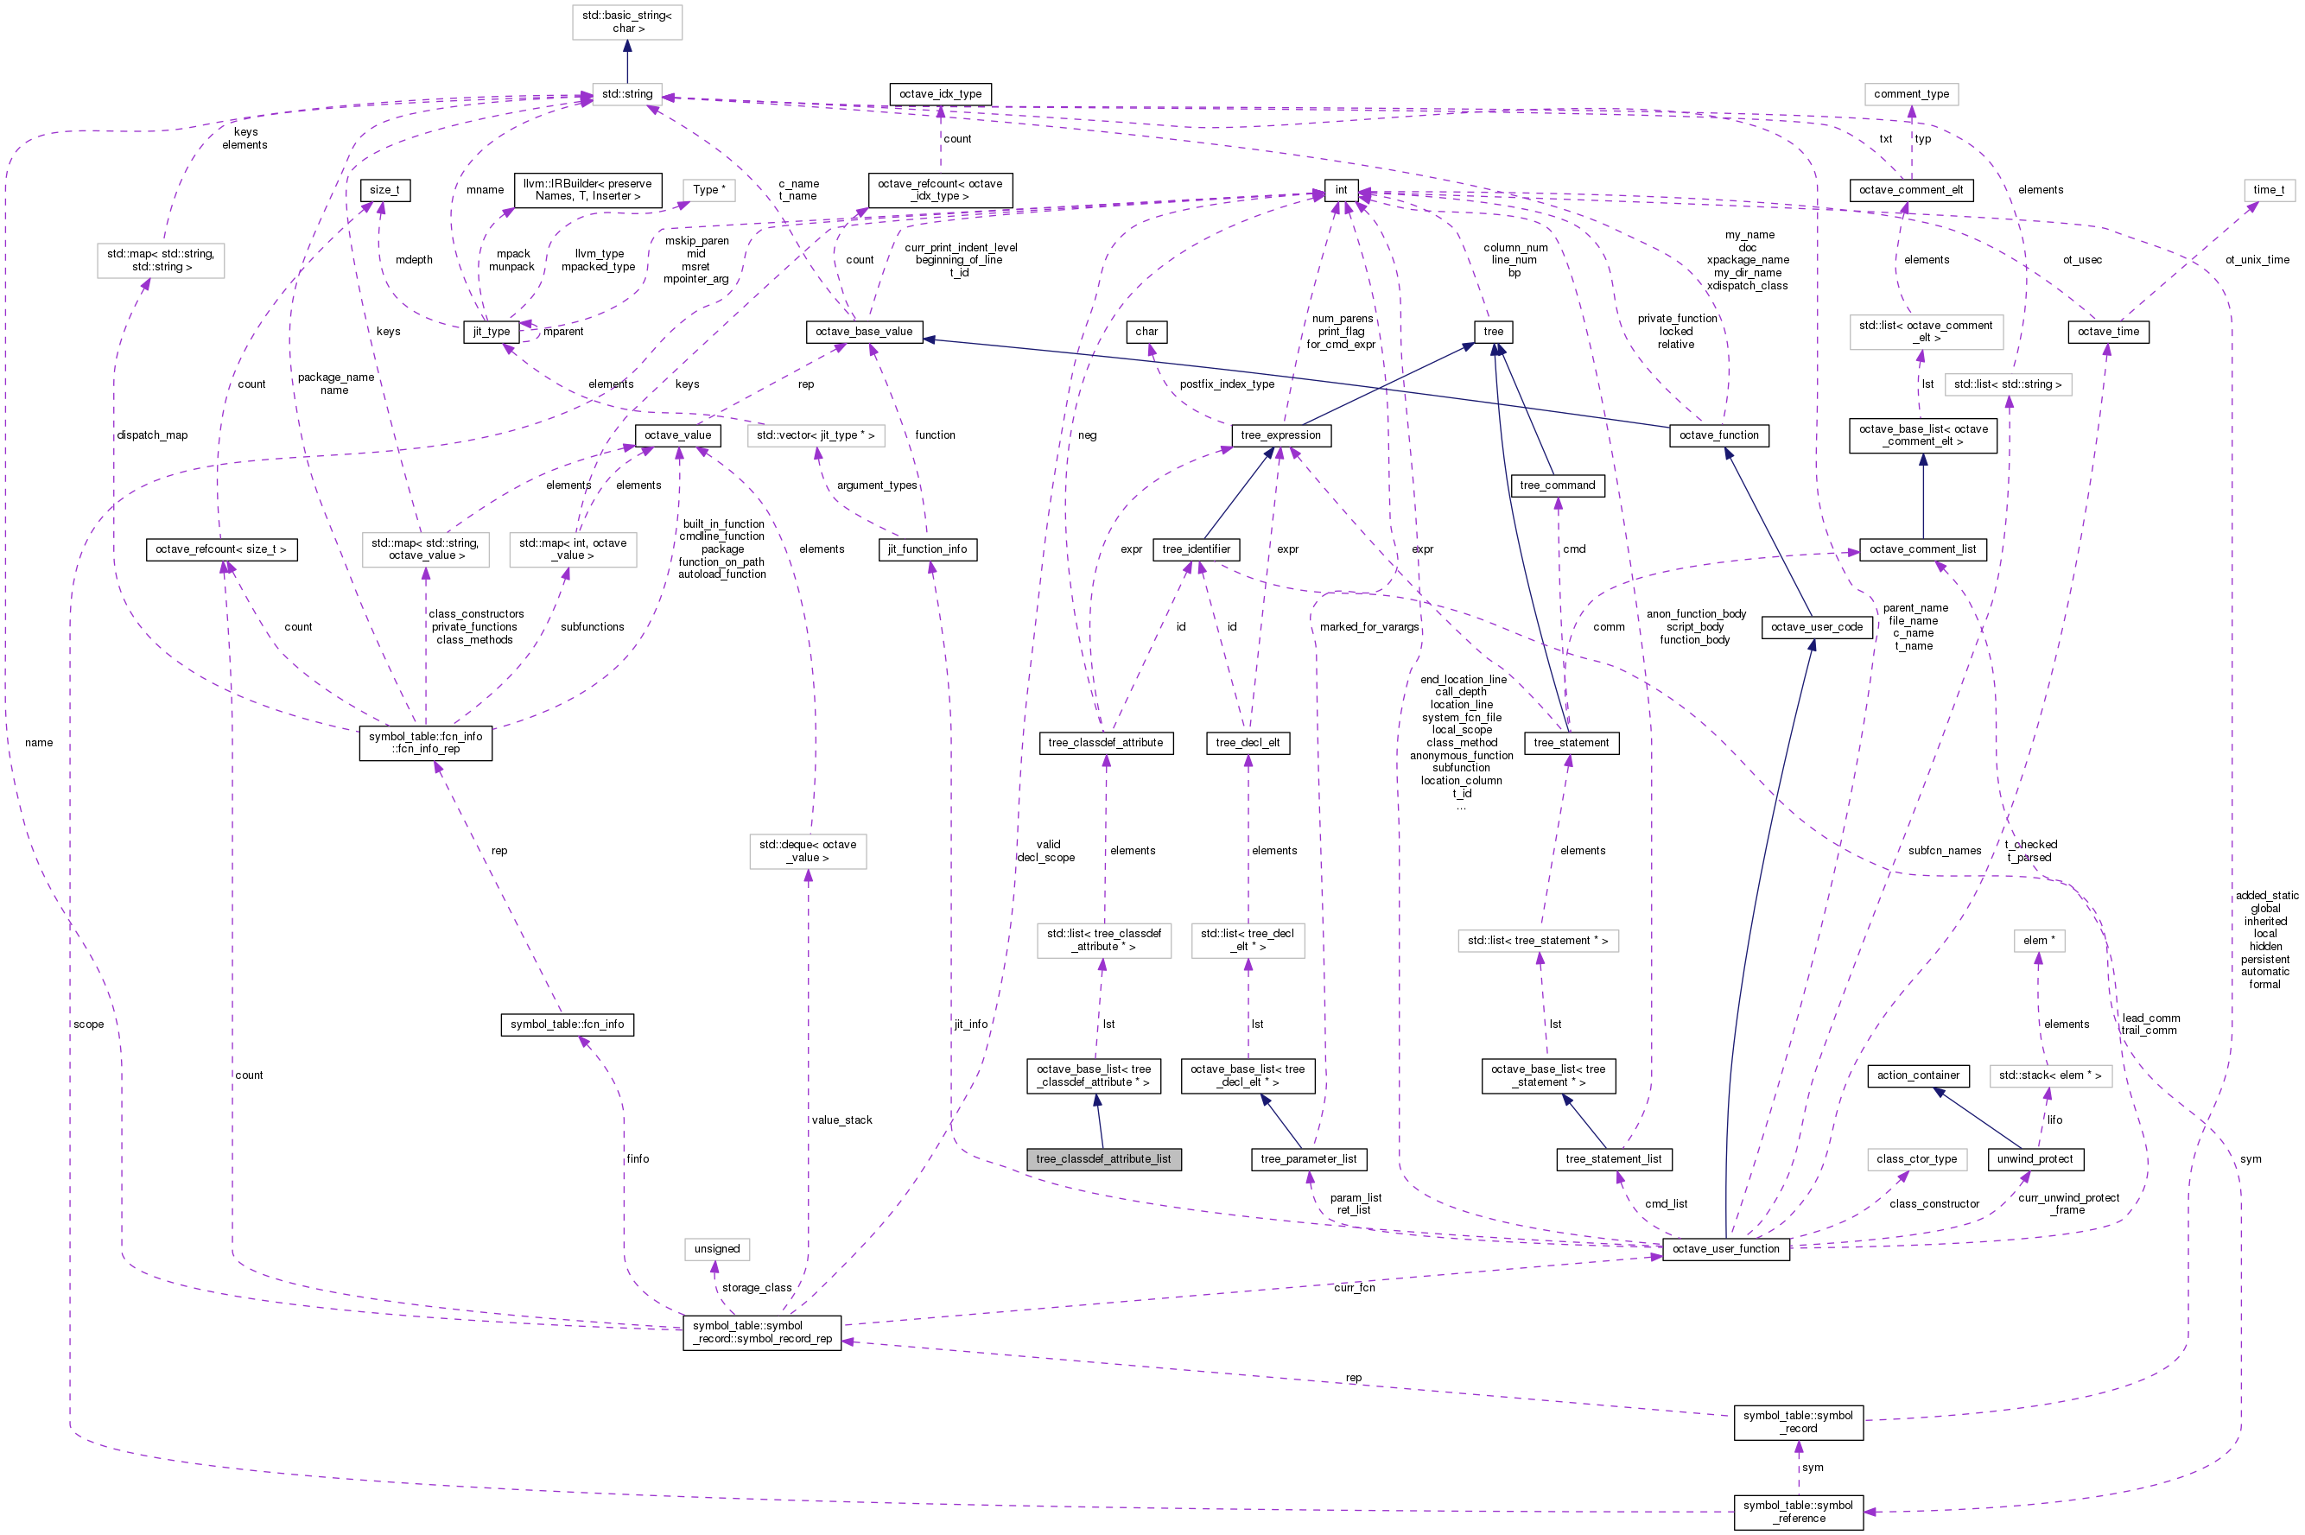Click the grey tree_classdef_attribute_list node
pos(1103,1159)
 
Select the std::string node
pos(626,94)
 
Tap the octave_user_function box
pos(1725,1249)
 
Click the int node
pos(1341,190)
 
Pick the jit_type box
pos(492,332)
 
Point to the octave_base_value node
pos(864,332)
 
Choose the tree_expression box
pos(1279,435)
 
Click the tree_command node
pos(1557,485)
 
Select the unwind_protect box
pos(2035,1159)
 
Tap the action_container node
pos(1918,1075)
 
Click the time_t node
pos(2269,190)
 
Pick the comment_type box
pos(1911,94)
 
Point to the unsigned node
pos(717,1249)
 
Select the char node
pos(1146,332)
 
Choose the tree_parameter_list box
pos(1308,1159)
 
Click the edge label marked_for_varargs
pos(1368,626)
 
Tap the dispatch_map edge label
pos(152,434)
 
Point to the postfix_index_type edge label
pos(1227,384)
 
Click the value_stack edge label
pos(841,1120)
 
